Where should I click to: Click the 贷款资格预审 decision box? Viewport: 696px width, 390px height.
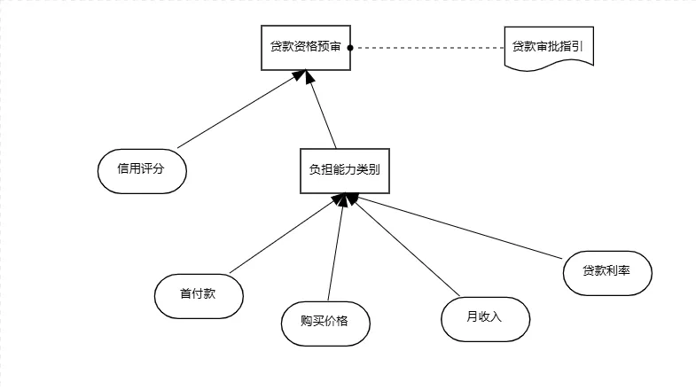[x=306, y=48]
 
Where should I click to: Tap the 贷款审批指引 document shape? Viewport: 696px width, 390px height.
[x=547, y=47]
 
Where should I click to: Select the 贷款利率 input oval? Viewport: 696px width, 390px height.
[x=607, y=272]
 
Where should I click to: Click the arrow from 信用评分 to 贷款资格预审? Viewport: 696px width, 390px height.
[x=235, y=112]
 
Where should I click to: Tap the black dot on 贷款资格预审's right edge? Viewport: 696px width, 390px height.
[x=351, y=48]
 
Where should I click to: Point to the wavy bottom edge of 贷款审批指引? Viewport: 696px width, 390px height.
[x=547, y=67]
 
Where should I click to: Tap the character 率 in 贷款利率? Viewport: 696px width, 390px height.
[x=624, y=272]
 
